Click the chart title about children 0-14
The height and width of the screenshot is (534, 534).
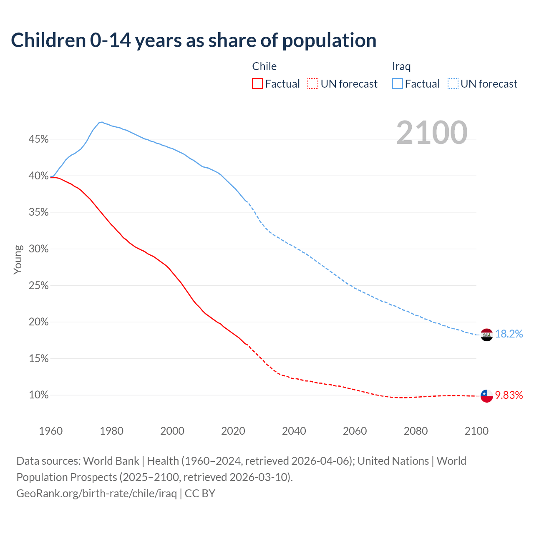coord(194,40)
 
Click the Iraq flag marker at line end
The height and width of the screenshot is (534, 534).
coord(486,335)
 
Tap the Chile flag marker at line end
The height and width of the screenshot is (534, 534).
coord(486,395)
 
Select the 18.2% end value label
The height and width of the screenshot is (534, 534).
coord(509,334)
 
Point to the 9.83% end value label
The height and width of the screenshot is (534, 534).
coord(509,395)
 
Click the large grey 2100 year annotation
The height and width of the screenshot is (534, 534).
coord(432,133)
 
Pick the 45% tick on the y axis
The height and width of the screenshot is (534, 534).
coord(38,139)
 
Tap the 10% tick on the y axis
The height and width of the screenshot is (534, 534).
coord(38,395)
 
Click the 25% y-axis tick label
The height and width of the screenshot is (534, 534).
coord(38,286)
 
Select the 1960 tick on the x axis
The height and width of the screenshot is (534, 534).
coord(50,431)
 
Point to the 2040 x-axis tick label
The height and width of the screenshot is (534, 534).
coord(294,431)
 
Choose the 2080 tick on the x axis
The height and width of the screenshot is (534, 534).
coord(416,431)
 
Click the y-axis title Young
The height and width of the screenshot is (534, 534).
coord(18,259)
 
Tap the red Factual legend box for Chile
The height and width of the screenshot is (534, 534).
coord(257,84)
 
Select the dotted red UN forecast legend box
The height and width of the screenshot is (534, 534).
coord(313,84)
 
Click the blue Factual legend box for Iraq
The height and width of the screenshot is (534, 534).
coord(398,84)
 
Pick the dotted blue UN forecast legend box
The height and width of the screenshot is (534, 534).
coord(453,84)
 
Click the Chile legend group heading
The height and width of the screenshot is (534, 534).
coord(264,66)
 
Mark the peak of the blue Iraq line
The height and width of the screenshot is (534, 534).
coord(102,122)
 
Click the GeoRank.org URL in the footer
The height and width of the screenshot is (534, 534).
coord(96,494)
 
